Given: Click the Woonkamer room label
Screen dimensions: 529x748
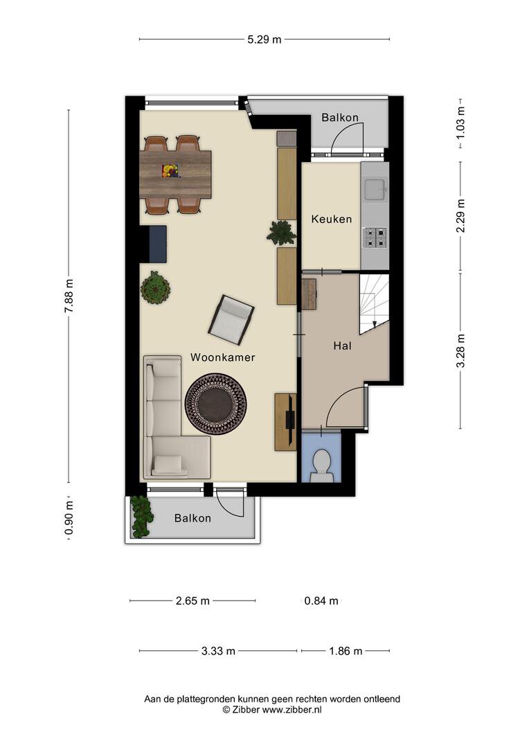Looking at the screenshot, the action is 222,357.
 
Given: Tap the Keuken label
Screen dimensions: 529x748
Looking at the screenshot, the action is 332,219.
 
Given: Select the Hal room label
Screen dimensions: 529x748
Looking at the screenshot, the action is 343,346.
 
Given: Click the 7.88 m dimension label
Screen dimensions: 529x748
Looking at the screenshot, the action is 69,296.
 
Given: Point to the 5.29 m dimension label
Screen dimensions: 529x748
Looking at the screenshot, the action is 264,39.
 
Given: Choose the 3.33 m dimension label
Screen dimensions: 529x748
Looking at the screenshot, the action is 218,650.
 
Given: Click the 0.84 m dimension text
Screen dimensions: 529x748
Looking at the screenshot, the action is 321,601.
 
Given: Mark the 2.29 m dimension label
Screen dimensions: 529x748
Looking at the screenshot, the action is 460,215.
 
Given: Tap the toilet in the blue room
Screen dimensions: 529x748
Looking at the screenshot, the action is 321,465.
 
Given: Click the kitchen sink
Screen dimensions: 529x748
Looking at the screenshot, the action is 375,188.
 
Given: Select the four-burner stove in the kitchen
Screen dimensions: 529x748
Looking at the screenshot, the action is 375,238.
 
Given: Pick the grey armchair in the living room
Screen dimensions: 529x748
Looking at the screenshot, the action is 231,319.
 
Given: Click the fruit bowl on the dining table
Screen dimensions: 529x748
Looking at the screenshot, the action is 170,171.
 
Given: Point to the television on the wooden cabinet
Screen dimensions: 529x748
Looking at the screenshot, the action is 289,419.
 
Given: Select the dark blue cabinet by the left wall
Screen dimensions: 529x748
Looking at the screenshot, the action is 158,244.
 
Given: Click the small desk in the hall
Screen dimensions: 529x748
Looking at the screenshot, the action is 309,294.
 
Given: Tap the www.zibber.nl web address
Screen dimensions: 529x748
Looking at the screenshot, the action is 292,709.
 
